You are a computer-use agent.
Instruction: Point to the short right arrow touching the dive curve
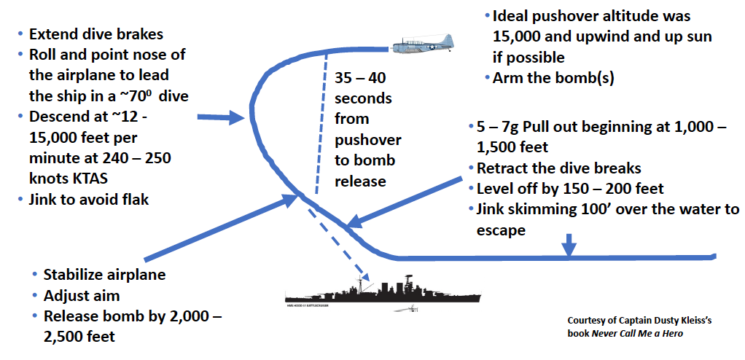tap(220, 117)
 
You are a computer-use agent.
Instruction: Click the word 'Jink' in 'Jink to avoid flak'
tap(42, 199)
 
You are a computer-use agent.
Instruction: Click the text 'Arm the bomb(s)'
tap(553, 79)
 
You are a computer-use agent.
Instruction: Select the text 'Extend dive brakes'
tap(96, 34)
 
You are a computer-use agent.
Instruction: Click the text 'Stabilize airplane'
tap(104, 275)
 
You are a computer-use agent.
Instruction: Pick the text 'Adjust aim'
tap(81, 296)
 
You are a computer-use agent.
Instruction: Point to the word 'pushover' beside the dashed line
tap(367, 140)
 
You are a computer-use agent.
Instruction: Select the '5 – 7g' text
tap(500, 127)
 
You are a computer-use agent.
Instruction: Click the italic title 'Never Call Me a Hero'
tap(637, 334)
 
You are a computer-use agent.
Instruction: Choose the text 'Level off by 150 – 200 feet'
tap(570, 189)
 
